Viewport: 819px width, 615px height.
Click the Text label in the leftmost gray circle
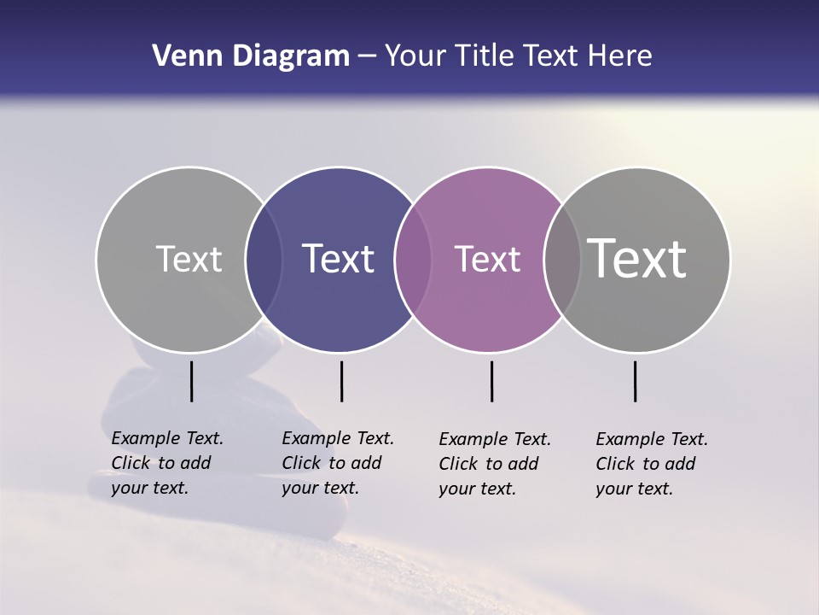(189, 259)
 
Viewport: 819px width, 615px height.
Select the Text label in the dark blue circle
(339, 259)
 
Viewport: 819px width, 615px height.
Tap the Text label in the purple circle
(487, 259)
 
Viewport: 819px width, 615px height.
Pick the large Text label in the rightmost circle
(637, 259)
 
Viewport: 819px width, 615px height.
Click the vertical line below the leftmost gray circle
(191, 381)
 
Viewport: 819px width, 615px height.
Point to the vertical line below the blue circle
(341, 381)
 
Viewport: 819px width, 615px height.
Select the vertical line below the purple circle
(491, 381)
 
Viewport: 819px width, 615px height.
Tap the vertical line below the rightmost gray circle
(635, 381)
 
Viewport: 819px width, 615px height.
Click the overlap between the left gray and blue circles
(264, 260)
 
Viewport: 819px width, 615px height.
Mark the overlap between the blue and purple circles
(414, 260)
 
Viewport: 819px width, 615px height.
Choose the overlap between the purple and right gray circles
(562, 260)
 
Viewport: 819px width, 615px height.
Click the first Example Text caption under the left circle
(166, 463)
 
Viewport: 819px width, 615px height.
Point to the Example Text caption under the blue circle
(337, 463)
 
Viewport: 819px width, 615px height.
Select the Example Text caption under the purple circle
(494, 464)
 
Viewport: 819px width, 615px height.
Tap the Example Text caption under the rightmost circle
(651, 464)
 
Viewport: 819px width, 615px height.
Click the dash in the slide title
(367, 56)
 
